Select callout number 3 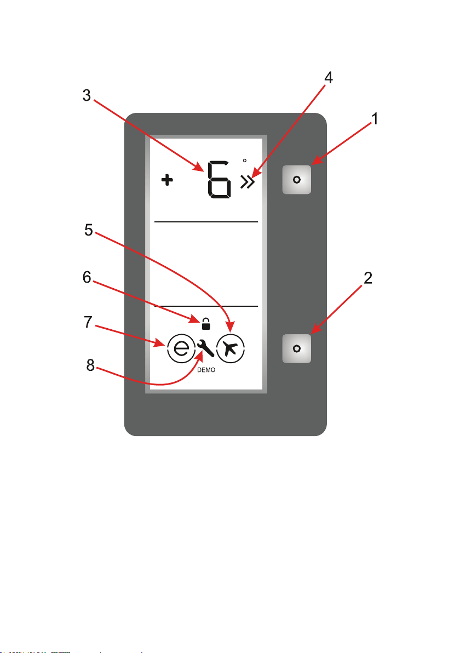point(87,95)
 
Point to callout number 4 point(328,78)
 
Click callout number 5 point(88,230)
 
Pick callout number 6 point(87,278)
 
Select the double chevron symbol point(248,182)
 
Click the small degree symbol point(245,161)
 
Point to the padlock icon point(206,324)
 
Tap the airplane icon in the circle point(231,348)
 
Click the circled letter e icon point(181,348)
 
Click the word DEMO point(206,370)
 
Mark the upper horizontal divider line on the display point(206,222)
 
